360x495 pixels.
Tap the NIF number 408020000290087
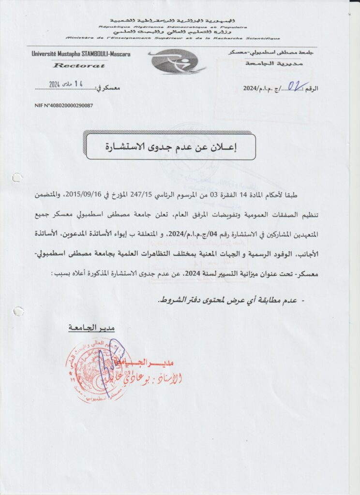64,105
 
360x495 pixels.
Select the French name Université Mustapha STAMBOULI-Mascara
81,54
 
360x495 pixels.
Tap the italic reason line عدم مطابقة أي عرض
227,300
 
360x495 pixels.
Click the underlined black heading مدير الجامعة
91,328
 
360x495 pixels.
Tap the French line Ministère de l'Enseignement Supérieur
172,37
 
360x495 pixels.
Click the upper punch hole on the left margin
17,177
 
